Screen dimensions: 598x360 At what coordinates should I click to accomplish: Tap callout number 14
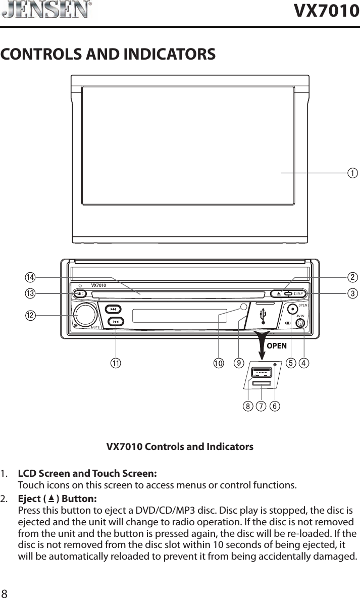pos(31,277)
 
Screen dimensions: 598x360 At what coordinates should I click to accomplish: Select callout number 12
pos(31,316)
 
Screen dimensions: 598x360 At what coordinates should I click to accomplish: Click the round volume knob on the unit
pos(85,315)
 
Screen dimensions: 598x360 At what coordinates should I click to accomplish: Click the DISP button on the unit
pos(298,294)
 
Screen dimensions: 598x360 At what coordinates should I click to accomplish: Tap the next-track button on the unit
pos(114,309)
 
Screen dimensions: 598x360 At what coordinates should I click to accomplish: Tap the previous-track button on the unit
pos(116,321)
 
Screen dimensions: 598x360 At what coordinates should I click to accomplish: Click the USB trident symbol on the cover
pos(263,316)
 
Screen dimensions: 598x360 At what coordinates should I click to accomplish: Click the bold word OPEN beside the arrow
pos(277,346)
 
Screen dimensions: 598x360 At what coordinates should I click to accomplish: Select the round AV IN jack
pos(300,323)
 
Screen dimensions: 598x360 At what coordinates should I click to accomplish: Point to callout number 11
pos(117,363)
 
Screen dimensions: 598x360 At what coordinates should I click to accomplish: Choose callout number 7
pos(261,406)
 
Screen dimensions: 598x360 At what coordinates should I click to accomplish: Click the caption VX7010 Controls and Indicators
pos(180,447)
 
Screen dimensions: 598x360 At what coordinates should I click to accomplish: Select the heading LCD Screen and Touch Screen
pos(87,474)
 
